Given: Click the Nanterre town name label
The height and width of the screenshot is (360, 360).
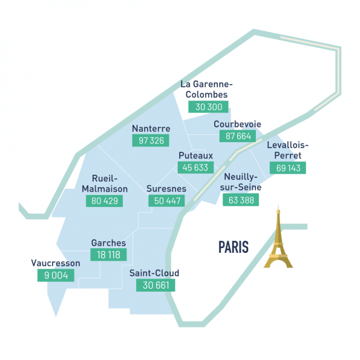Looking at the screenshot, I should click(151, 128).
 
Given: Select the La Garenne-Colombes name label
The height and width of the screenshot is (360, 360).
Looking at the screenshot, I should click(207, 90).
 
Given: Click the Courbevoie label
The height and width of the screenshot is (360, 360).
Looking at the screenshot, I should click(237, 124).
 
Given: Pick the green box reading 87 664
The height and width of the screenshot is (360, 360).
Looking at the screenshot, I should click(238, 136).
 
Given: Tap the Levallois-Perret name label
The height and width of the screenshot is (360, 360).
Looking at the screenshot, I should click(287, 150).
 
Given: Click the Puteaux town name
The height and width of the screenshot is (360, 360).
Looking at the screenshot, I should click(195, 155).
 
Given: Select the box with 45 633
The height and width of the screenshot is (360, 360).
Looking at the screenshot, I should click(197, 168).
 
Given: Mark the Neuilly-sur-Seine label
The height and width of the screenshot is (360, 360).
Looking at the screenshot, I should click(240, 182).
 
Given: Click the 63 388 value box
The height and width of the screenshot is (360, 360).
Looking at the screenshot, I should click(241, 200).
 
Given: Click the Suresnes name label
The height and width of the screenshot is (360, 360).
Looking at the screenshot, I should click(166, 189).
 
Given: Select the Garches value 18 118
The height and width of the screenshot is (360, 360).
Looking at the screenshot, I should click(109, 255).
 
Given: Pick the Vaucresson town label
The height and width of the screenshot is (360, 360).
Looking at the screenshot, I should click(55, 263).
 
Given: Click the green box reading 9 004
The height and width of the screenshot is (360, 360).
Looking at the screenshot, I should click(56, 276).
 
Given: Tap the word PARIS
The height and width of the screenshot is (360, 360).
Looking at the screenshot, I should click(234, 247).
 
